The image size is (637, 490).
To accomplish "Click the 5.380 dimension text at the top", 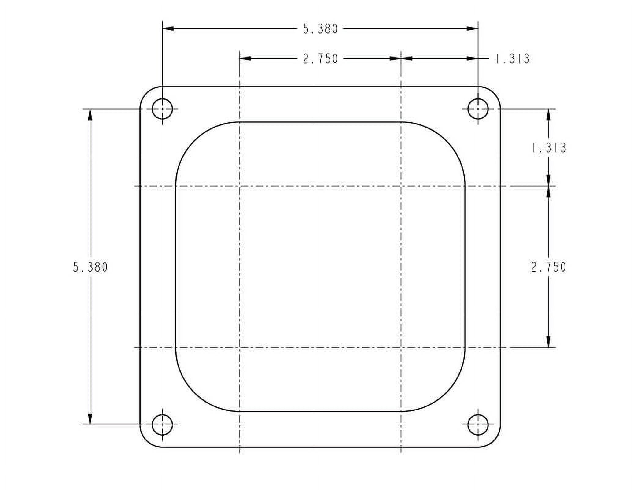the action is click(320, 29).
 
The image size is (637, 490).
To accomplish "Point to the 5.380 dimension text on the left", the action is click(90, 267).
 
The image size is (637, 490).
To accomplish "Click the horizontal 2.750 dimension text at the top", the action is click(320, 59).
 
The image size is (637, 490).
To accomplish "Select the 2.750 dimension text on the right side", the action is click(548, 267).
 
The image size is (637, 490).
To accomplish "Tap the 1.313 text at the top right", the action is click(512, 59).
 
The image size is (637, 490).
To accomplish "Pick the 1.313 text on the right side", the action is click(549, 148).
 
